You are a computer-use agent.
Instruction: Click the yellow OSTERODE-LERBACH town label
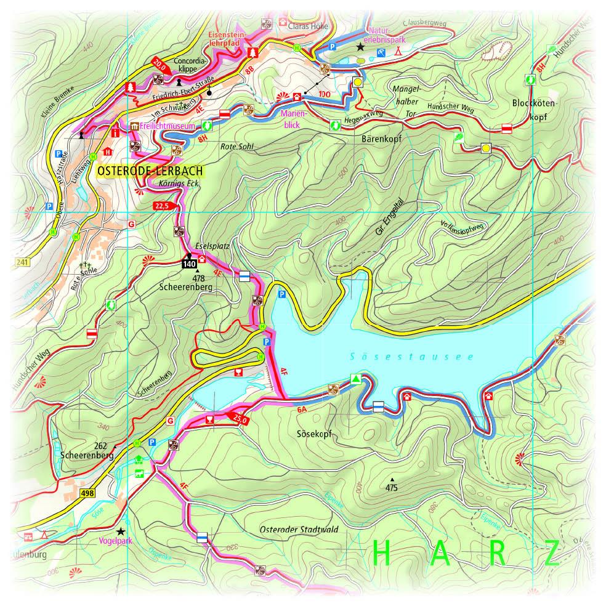[150, 172]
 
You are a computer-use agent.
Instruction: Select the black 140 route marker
[189, 264]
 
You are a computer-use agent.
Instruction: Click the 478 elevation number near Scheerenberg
[198, 278]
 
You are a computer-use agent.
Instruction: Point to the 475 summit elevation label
[391, 488]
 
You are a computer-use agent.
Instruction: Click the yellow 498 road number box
[87, 493]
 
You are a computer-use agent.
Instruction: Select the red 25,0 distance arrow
[241, 419]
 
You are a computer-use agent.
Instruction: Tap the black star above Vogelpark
[121, 531]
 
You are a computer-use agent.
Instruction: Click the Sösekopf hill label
[314, 434]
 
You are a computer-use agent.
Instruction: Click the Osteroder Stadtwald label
[299, 529]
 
